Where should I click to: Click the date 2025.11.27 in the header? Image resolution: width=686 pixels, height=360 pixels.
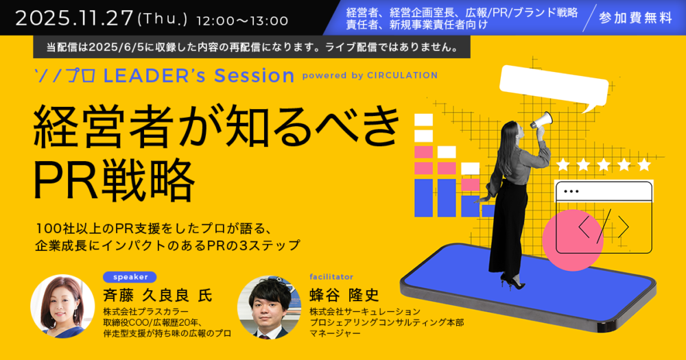tap(74, 19)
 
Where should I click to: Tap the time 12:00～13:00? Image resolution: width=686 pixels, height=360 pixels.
tap(242, 21)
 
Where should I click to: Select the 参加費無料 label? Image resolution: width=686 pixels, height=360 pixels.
tap(635, 18)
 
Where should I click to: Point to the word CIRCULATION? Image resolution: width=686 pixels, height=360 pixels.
tap(402, 75)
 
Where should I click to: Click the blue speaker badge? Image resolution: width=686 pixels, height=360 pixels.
tap(130, 277)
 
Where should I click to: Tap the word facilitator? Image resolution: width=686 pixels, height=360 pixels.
tap(331, 277)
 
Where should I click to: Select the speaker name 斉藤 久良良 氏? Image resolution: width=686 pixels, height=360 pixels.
tap(158, 296)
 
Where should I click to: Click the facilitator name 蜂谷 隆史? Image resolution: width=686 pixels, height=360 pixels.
tap(344, 296)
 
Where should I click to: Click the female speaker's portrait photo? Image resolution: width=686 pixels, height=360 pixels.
tap(62, 307)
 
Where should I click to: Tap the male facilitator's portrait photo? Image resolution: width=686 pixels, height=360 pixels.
tap(269, 307)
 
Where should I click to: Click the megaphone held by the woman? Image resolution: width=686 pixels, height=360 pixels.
tap(541, 120)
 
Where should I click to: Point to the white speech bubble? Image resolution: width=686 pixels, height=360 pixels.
tap(554, 88)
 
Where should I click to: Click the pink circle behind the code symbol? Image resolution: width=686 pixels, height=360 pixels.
tap(573, 240)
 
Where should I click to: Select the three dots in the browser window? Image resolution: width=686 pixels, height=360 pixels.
tap(571, 191)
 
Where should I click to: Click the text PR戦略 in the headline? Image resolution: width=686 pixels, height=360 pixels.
tap(114, 180)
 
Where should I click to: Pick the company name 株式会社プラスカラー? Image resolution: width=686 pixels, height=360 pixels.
tap(145, 312)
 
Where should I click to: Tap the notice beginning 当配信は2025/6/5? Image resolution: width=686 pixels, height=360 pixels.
tap(252, 47)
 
